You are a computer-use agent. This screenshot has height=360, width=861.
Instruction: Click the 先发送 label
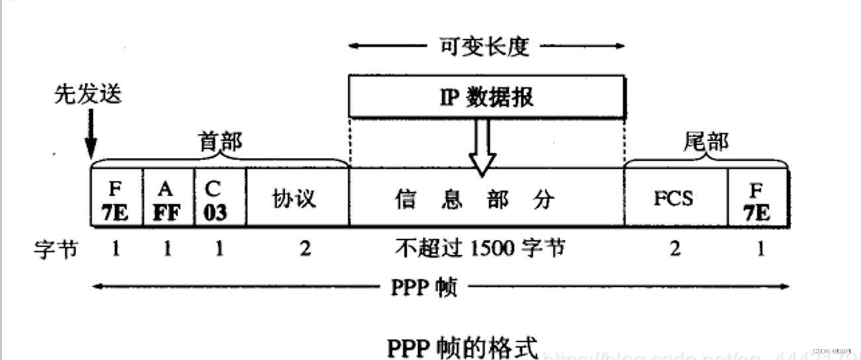click(x=88, y=96)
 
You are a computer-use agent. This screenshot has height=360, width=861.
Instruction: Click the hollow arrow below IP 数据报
click(x=482, y=147)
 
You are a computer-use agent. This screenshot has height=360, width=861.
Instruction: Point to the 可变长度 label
click(x=486, y=46)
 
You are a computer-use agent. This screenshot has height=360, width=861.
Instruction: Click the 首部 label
click(x=220, y=142)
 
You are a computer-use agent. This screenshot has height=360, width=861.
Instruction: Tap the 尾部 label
click(x=706, y=141)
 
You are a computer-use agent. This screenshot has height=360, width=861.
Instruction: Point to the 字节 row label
click(x=56, y=250)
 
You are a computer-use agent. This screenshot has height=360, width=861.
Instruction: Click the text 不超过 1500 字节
click(x=480, y=249)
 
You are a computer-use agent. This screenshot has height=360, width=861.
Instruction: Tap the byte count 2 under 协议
click(x=305, y=250)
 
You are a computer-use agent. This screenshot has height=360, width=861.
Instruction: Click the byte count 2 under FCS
click(x=675, y=250)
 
